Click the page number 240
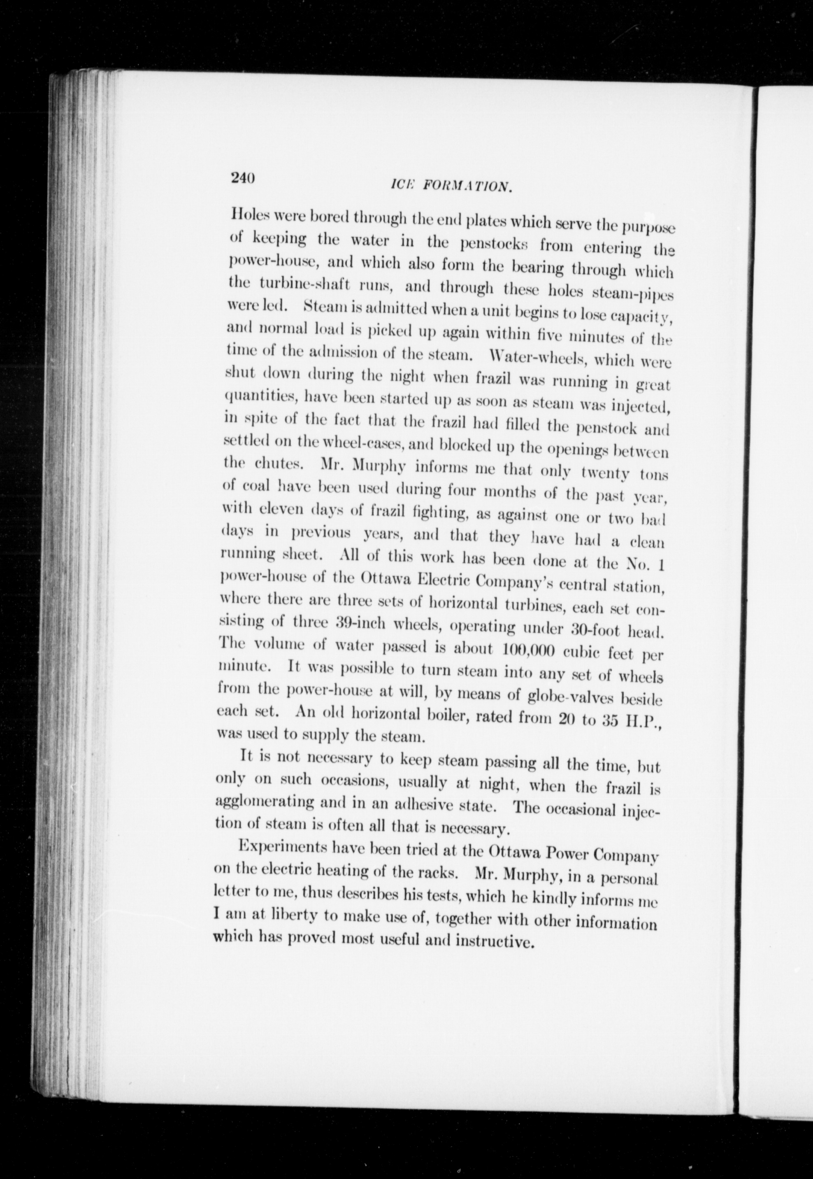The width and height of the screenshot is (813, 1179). click(x=242, y=178)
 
